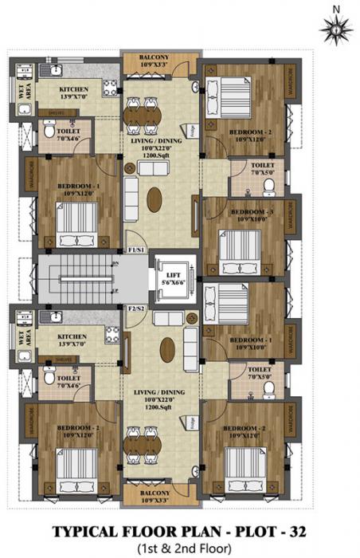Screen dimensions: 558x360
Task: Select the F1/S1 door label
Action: coord(135,250)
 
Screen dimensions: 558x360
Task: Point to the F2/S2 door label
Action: coord(135,307)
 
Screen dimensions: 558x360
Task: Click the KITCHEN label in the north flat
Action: coord(77,92)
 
